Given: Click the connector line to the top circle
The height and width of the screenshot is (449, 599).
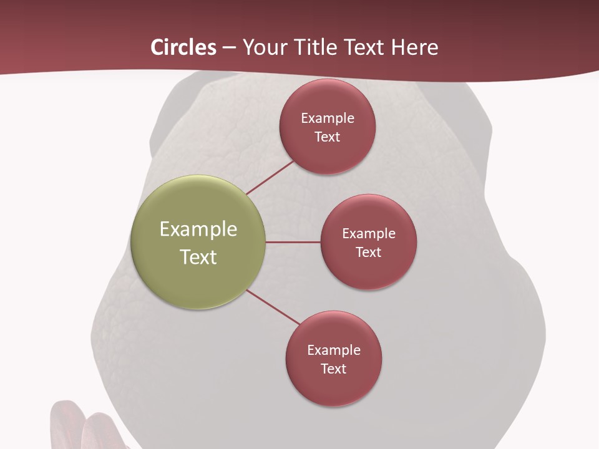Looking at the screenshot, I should [270, 177].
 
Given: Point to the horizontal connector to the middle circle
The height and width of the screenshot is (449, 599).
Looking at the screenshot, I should [293, 242].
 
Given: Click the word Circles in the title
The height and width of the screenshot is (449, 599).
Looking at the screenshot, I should [183, 47].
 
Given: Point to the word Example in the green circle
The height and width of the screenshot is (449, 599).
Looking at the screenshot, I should [198, 229].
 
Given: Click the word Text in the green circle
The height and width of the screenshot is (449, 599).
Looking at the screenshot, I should [198, 257].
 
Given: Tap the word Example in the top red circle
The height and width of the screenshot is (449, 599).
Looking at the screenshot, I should [328, 118].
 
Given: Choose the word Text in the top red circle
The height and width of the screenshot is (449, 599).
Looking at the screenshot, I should [328, 137].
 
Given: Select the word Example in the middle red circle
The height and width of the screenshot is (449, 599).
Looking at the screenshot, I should [369, 233].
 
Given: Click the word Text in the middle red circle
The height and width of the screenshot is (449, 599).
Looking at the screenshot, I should [369, 252].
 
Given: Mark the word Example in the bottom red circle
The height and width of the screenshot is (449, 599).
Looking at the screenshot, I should [334, 350].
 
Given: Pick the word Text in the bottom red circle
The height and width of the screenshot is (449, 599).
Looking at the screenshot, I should [334, 369].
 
